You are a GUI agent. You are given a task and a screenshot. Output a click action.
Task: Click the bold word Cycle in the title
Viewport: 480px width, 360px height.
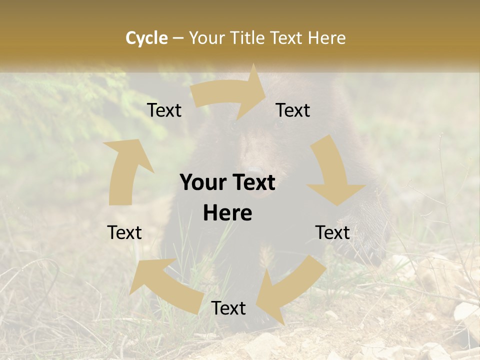click(146, 38)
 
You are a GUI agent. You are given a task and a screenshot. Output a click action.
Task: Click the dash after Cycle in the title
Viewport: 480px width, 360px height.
click(177, 38)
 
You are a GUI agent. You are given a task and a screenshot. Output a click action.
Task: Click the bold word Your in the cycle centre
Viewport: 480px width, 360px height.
click(203, 183)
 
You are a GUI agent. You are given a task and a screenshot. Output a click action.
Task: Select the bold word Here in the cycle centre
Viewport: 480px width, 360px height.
click(227, 213)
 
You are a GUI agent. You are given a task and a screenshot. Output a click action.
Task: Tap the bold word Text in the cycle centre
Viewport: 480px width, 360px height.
click(252, 183)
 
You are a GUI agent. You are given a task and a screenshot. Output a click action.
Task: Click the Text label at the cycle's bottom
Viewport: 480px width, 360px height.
click(228, 308)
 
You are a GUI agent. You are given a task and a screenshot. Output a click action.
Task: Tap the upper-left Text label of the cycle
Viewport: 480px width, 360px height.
click(164, 110)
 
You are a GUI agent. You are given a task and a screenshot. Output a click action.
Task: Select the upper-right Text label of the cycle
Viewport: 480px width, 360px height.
click(293, 110)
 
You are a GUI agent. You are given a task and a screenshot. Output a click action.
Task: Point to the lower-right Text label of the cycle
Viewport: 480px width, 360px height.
click(332, 232)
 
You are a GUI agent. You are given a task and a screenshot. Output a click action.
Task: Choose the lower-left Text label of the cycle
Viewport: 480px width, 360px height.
click(125, 232)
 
